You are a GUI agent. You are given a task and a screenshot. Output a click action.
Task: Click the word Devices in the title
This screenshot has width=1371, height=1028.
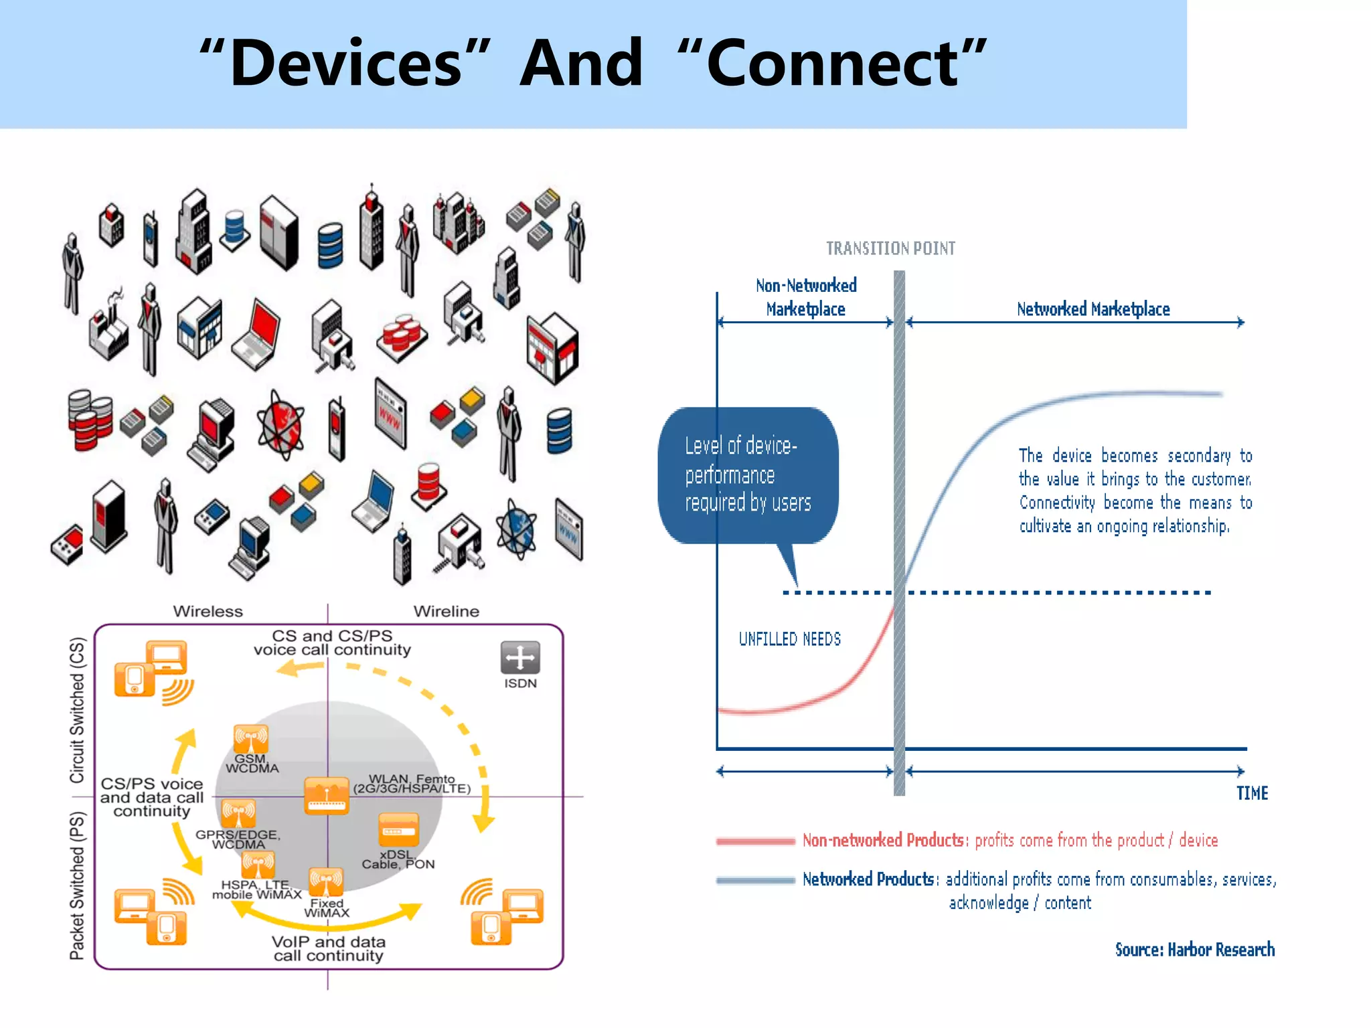[345, 64]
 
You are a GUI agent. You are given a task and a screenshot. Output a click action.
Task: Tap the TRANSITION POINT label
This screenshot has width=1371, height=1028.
[890, 248]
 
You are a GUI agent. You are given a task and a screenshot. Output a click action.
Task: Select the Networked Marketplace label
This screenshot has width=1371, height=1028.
[1093, 309]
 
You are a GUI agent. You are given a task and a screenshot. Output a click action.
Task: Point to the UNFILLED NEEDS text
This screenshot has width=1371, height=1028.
[789, 639]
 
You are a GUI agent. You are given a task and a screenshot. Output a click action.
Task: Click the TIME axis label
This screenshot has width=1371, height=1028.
[1252, 794]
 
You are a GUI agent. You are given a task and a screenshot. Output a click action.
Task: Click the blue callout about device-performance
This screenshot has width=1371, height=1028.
[748, 475]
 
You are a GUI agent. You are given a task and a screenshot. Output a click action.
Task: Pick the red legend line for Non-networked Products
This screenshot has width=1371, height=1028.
[755, 841]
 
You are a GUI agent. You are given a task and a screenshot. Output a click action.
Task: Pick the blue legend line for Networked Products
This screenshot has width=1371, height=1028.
[755, 880]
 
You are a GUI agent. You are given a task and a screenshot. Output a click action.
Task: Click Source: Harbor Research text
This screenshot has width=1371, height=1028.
[1194, 950]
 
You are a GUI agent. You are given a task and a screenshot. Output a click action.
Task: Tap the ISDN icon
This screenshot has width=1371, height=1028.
[520, 658]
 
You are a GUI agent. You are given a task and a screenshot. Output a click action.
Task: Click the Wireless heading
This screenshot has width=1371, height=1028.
[208, 611]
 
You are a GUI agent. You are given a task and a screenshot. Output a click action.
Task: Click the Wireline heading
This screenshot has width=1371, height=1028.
[446, 611]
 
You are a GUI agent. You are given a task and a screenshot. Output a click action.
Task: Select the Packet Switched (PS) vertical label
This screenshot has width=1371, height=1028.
[78, 885]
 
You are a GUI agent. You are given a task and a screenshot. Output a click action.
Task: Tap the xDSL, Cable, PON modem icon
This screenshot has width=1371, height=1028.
[398, 829]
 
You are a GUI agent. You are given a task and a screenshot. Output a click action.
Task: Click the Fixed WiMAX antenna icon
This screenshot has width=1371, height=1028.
[326, 882]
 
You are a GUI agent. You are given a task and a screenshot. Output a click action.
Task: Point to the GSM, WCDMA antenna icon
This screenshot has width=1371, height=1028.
[251, 740]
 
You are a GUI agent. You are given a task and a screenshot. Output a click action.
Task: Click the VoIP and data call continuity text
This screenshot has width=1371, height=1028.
[328, 948]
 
